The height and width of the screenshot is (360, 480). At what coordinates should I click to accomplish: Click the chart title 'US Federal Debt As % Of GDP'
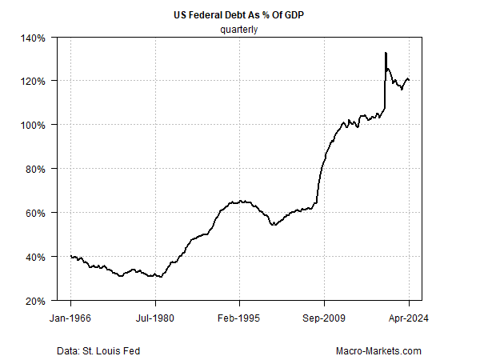(x=240, y=15)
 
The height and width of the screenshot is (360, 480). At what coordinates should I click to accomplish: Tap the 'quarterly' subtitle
(x=240, y=30)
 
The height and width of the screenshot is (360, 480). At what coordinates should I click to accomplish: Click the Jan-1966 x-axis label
(x=71, y=318)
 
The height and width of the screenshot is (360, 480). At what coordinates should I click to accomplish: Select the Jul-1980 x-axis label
(x=155, y=318)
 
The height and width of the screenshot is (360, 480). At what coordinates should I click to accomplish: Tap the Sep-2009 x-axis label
(x=324, y=318)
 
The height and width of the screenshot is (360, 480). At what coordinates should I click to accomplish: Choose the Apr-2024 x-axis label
(x=408, y=318)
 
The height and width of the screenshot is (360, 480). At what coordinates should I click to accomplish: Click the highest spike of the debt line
(x=386, y=53)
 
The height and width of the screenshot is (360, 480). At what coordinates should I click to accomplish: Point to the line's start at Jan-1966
(x=71, y=256)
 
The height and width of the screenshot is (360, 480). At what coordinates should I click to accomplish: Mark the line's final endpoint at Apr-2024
(x=409, y=80)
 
